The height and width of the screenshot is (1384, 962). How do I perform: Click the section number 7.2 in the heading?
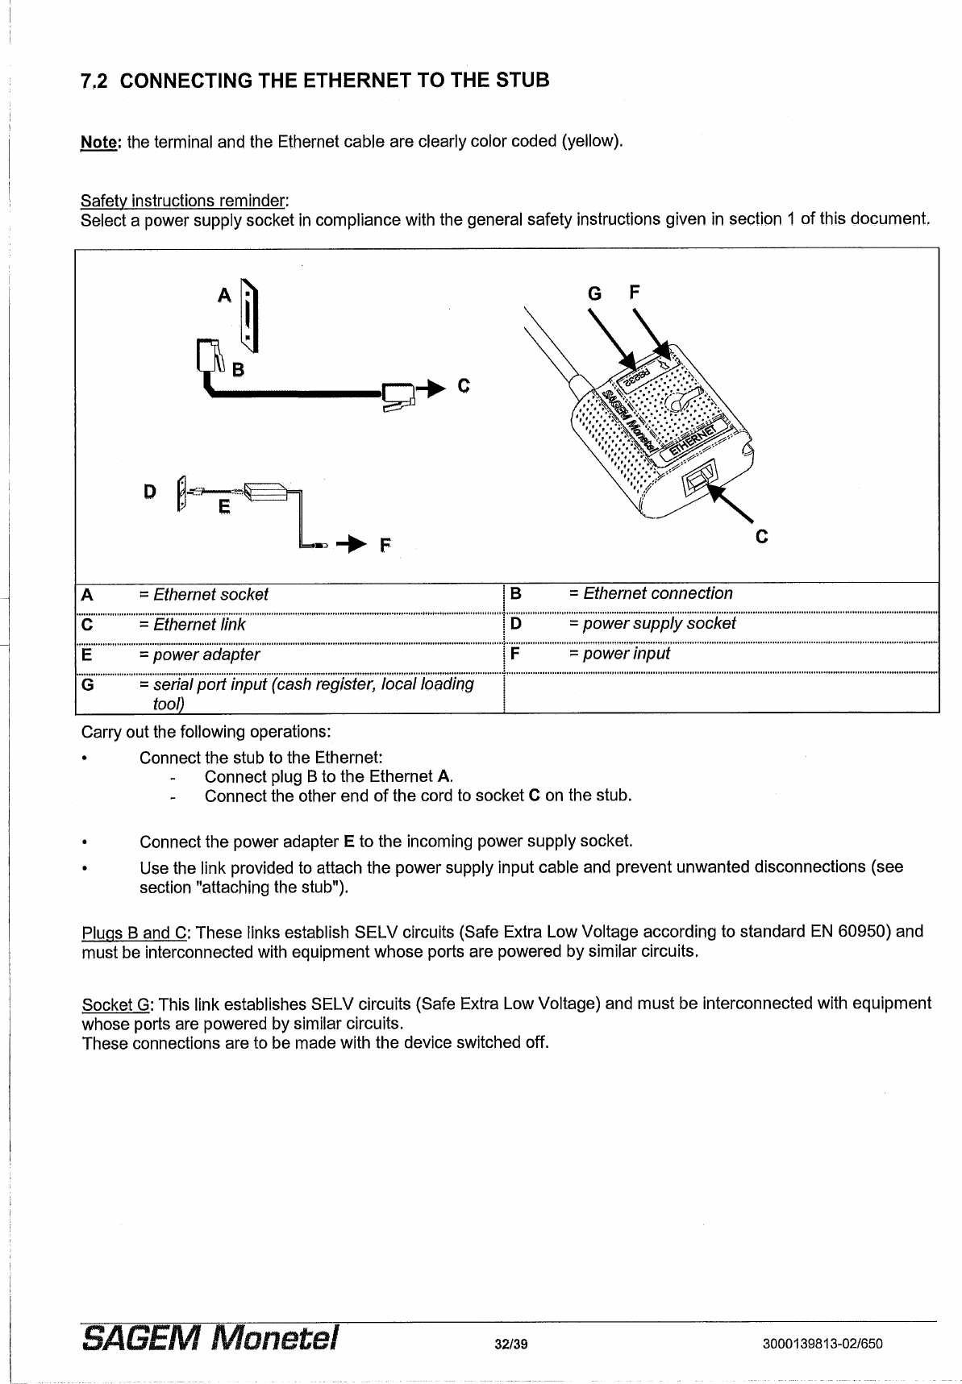point(95,81)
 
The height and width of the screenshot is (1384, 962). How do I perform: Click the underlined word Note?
point(99,143)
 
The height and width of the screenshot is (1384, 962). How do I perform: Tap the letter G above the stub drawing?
point(594,293)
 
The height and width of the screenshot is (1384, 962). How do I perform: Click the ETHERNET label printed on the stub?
point(694,441)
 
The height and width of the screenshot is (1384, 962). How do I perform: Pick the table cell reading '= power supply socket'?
point(652,623)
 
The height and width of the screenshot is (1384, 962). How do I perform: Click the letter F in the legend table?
point(516,654)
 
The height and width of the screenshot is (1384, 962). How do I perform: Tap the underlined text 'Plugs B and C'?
point(135,933)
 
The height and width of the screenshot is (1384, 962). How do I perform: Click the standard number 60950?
point(865,933)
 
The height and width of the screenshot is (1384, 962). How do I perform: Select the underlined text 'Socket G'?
point(118,1004)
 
